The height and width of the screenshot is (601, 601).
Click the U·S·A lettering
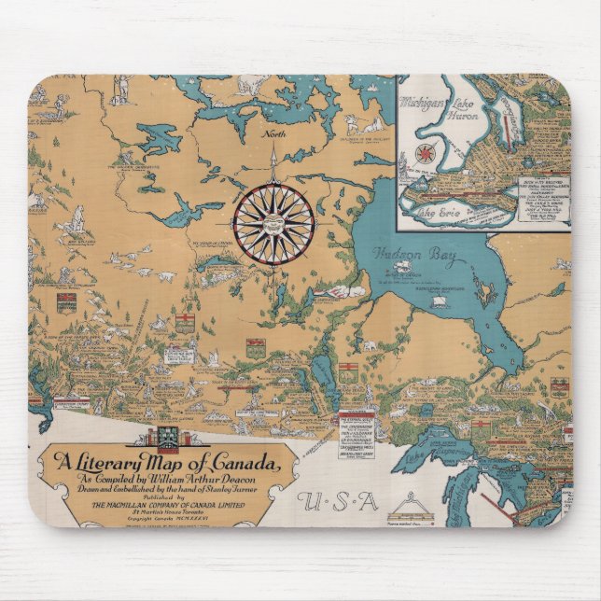point(338,501)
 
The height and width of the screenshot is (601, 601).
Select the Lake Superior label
point(463,454)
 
